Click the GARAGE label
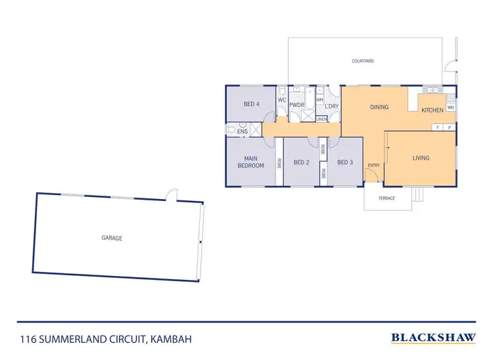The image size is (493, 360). pyautogui.click(x=112, y=238)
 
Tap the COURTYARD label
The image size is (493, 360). pyautogui.click(x=363, y=60)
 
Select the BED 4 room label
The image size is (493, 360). pyautogui.click(x=251, y=104)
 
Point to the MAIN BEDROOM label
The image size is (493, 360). pyautogui.click(x=250, y=162)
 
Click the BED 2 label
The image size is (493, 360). pyautogui.click(x=301, y=162)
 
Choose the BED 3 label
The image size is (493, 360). pyautogui.click(x=345, y=162)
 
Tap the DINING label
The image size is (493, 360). pyautogui.click(x=379, y=107)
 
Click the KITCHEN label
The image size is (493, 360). pyautogui.click(x=432, y=110)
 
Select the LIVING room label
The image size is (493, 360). pyautogui.click(x=421, y=158)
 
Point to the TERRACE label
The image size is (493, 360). pyautogui.click(x=387, y=198)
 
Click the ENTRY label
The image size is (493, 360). pyautogui.click(x=373, y=165)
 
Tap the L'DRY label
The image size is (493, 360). pyautogui.click(x=331, y=106)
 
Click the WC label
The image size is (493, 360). pyautogui.click(x=281, y=100)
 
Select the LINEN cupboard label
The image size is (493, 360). pyautogui.click(x=321, y=119)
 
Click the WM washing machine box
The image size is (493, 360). pyautogui.click(x=320, y=100)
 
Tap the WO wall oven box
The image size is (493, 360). pyautogui.click(x=450, y=107)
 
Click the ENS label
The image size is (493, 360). pyautogui.click(x=243, y=131)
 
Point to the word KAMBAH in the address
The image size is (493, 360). pyautogui.click(x=172, y=339)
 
